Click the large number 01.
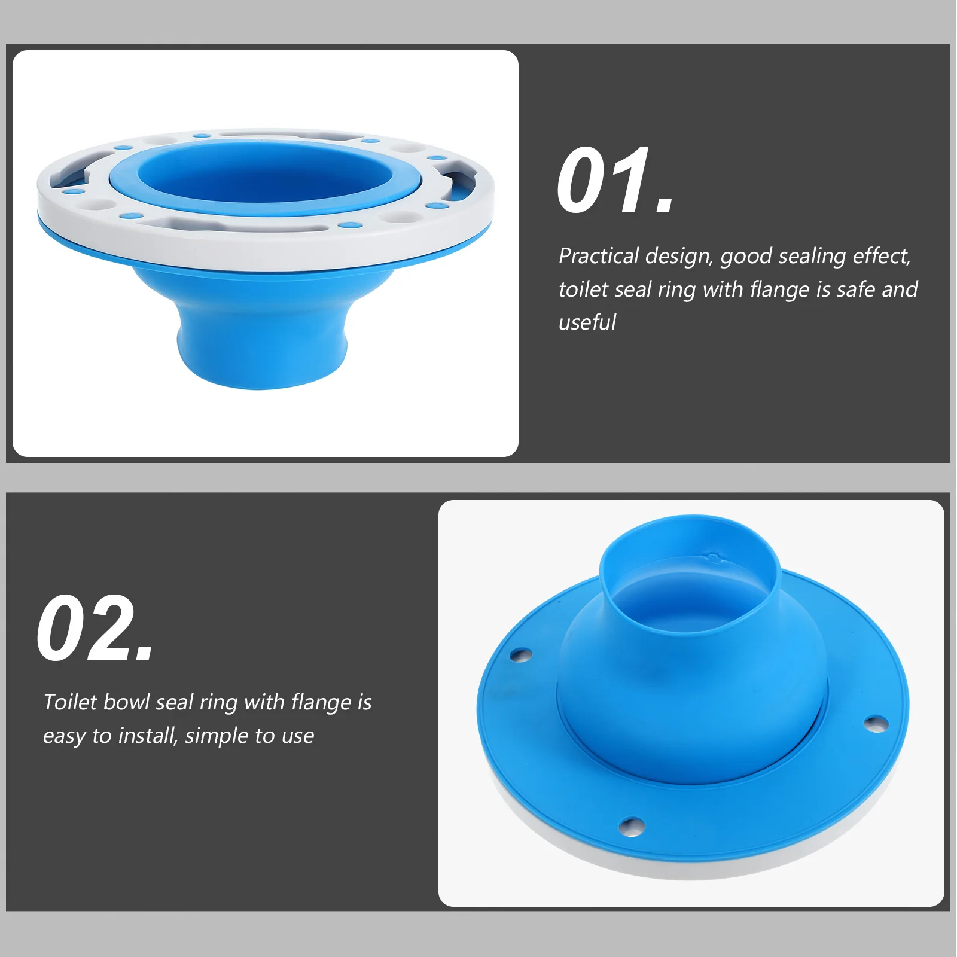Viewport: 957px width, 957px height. point(614,181)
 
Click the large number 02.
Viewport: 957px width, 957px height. point(95,628)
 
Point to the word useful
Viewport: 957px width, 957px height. point(587,322)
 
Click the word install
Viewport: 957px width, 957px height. point(148,736)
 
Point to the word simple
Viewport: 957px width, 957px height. point(212,736)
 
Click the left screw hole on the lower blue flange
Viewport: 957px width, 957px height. point(520,655)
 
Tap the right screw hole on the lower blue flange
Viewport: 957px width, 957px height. point(875,724)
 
